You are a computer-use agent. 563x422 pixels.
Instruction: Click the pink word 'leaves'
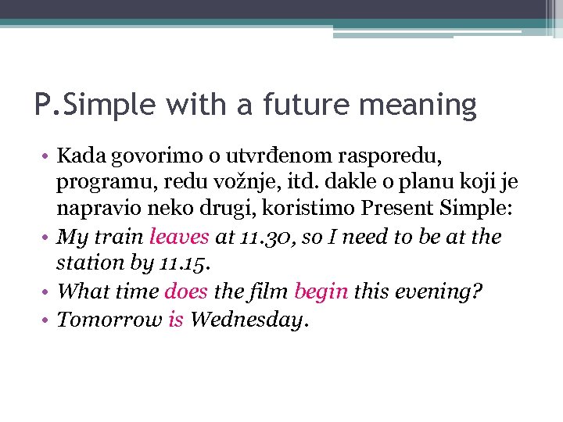(179, 236)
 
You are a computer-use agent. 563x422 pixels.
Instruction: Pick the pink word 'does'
(186, 291)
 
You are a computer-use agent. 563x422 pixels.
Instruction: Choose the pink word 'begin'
(321, 291)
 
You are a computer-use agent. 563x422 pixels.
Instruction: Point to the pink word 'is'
(176, 319)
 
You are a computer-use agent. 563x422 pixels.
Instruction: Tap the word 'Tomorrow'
(109, 319)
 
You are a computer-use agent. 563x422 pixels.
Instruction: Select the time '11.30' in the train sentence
(262, 237)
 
